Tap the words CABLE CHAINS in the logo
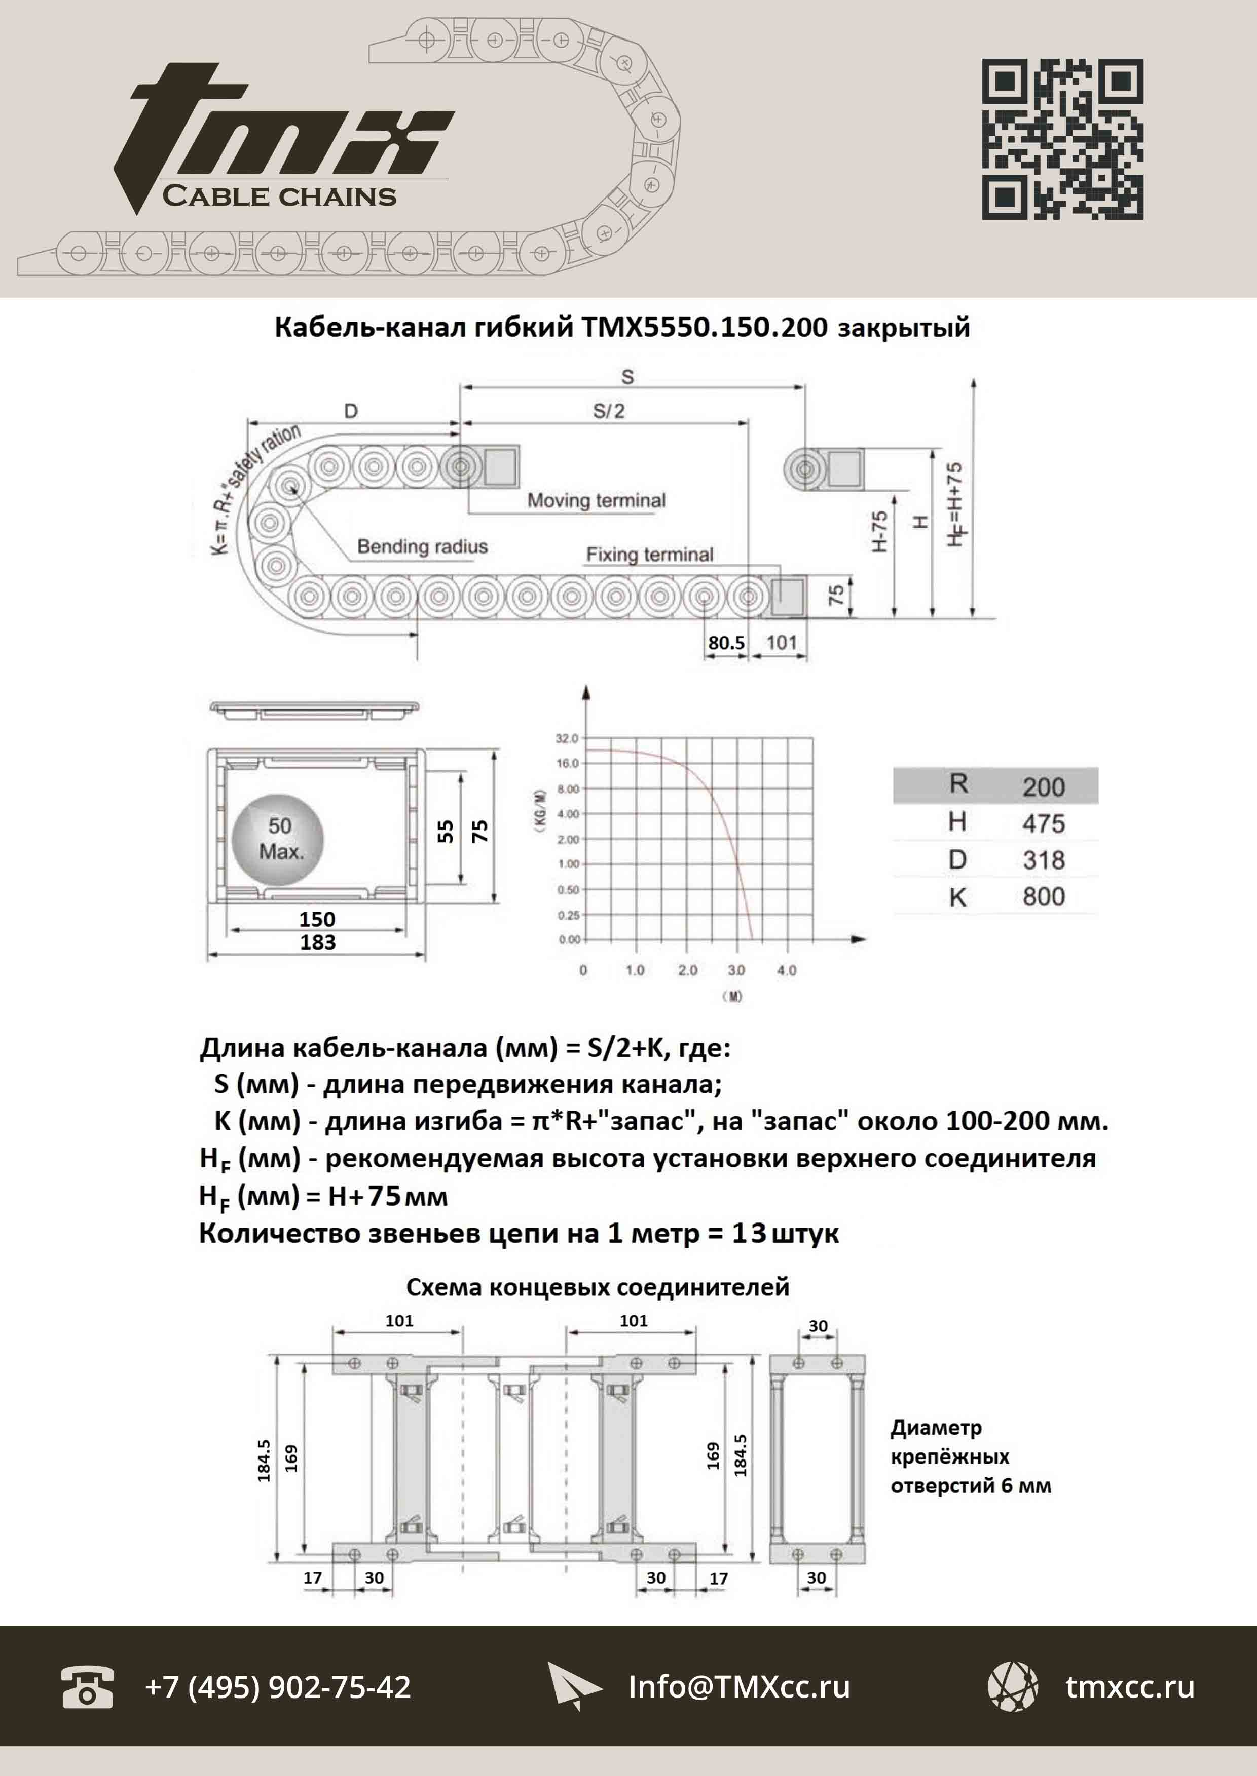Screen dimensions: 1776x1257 coord(279,196)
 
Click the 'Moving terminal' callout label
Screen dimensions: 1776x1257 coord(596,500)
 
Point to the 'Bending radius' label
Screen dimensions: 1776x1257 coord(422,547)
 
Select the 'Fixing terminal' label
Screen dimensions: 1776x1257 coord(649,555)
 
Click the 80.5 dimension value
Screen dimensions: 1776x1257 coord(726,643)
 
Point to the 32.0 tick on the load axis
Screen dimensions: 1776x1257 coord(567,739)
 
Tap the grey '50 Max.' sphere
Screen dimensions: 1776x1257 coord(278,839)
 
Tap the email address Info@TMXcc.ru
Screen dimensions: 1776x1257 coord(738,1687)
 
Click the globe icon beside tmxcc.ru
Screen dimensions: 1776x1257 coord(1012,1686)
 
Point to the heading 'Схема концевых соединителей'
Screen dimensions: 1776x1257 coord(598,1287)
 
